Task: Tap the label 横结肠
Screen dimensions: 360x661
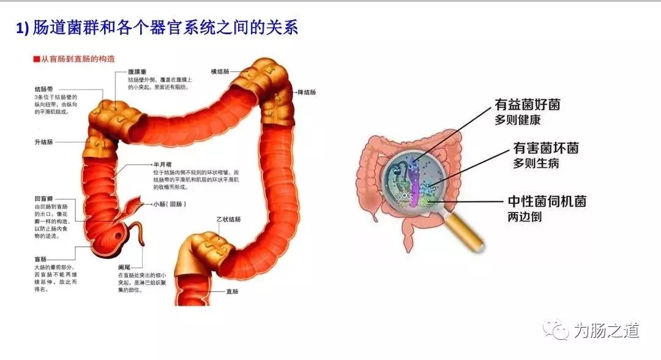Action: [220, 72]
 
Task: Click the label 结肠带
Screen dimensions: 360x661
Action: [44, 89]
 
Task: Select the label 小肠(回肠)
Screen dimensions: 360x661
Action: [168, 204]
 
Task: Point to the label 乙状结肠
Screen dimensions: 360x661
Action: [228, 219]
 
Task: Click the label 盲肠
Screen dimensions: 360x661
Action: [40, 259]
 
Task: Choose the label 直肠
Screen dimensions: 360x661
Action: [232, 291]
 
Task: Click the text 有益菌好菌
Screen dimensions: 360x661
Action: [527, 105]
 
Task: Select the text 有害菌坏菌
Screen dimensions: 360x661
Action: [546, 148]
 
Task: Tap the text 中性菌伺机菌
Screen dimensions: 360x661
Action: [547, 201]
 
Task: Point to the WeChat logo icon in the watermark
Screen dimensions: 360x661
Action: [558, 331]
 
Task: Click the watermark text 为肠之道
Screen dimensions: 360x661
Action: [606, 331]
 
